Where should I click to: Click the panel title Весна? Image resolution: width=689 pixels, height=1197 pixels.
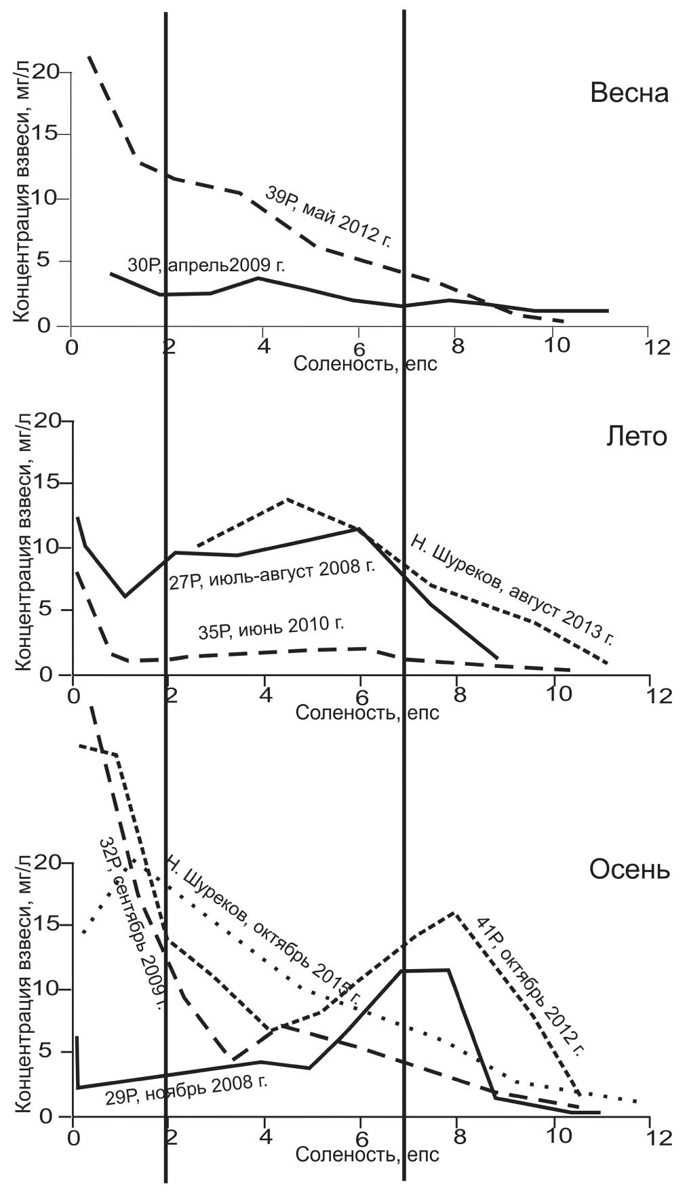[x=629, y=93]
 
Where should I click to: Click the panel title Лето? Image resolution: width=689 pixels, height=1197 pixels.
[x=636, y=437]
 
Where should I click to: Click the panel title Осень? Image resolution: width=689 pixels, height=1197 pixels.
[x=629, y=869]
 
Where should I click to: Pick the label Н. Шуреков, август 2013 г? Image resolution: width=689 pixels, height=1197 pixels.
[x=513, y=589]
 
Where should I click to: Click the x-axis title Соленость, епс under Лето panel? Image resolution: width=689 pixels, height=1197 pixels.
[x=367, y=713]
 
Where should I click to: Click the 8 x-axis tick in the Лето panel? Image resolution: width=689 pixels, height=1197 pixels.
[x=458, y=696]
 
